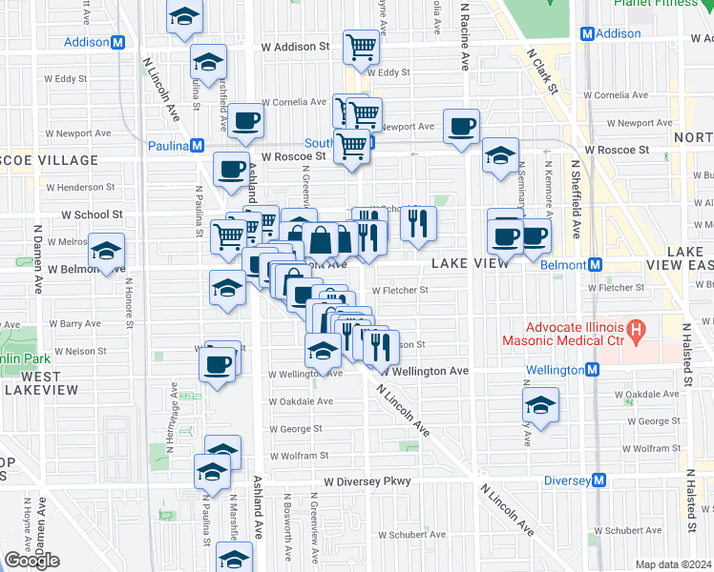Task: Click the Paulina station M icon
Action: click(x=196, y=146)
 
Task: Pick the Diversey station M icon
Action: click(x=599, y=480)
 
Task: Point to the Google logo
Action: click(x=31, y=561)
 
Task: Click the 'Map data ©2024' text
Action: click(x=674, y=564)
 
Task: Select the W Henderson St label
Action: click(x=80, y=188)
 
